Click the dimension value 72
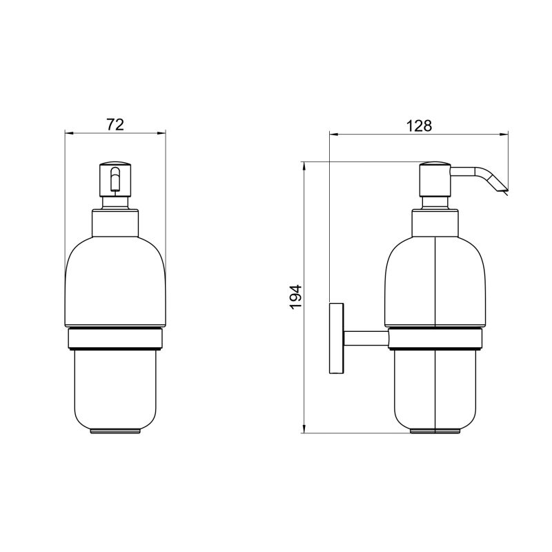(115, 124)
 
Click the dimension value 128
(419, 126)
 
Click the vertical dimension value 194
(295, 297)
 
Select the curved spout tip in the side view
(498, 184)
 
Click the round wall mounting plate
(337, 337)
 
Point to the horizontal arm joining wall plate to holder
(366, 337)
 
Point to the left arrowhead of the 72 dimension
(68, 132)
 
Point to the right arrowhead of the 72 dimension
(164, 132)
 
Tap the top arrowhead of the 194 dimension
(304, 166)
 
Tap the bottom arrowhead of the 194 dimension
(304, 431)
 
